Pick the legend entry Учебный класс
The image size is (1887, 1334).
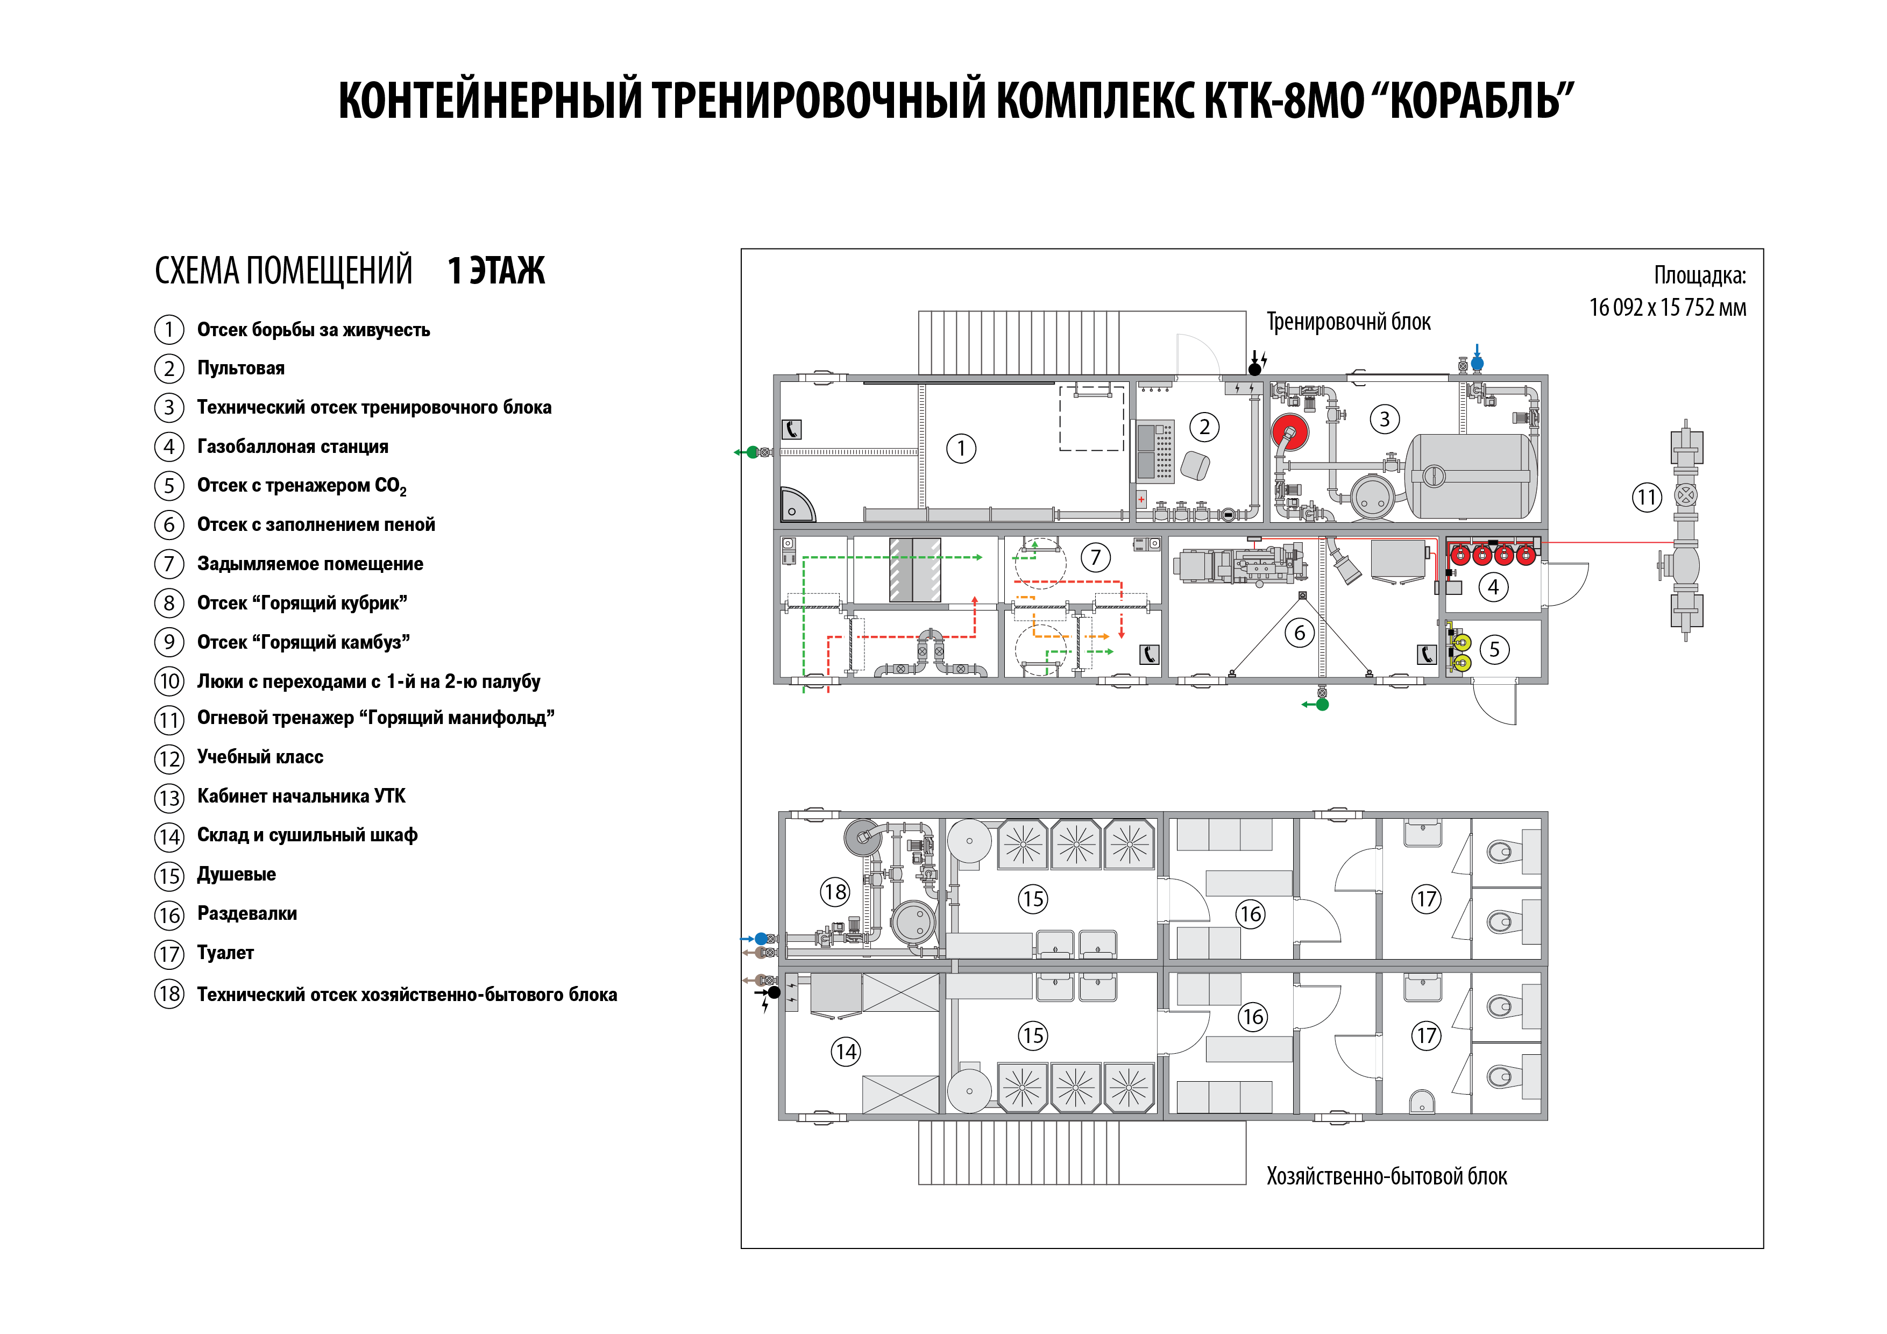(x=260, y=757)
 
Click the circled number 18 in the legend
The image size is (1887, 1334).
(x=169, y=994)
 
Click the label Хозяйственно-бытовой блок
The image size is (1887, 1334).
(x=1387, y=1176)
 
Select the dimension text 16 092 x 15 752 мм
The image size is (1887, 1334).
(x=1667, y=307)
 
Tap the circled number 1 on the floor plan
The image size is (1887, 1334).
(x=961, y=449)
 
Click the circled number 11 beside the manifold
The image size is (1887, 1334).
(x=1646, y=497)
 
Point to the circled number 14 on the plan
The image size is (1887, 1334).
(x=846, y=1051)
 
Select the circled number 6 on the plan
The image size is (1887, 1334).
(x=1300, y=633)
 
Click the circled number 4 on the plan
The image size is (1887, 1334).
(x=1493, y=587)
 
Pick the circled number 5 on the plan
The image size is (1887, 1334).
(x=1494, y=649)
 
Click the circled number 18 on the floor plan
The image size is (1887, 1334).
(x=835, y=892)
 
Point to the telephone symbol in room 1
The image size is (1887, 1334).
(x=791, y=429)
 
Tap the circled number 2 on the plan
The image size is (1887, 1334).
(x=1204, y=427)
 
